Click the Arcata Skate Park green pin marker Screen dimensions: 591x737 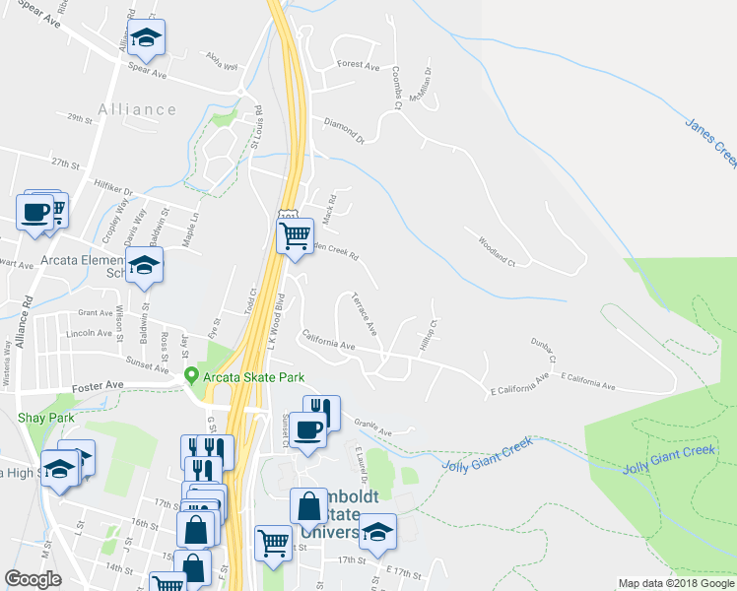pyautogui.click(x=192, y=376)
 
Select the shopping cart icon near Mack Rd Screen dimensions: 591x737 pyautogui.click(x=295, y=236)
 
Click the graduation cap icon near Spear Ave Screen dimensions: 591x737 pyautogui.click(x=146, y=38)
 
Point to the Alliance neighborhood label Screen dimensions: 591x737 pyautogui.click(x=137, y=109)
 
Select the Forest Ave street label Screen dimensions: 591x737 pyautogui.click(x=358, y=65)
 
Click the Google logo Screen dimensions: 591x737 pyautogui.click(x=33, y=579)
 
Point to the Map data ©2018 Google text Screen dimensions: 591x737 pyautogui.click(x=676, y=583)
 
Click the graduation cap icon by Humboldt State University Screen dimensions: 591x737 pyautogui.click(x=376, y=533)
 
